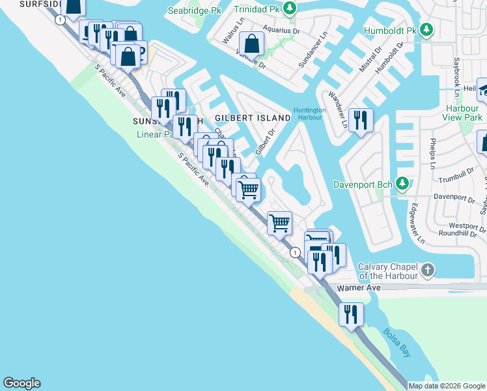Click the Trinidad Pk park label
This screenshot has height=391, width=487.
point(260,10)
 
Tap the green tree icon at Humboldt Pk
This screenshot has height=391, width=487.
point(426,30)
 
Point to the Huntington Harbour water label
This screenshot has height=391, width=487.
point(309,113)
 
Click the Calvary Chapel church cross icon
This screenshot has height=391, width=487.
point(427,270)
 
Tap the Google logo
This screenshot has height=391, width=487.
point(21,383)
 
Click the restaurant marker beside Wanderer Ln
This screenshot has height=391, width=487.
point(360,120)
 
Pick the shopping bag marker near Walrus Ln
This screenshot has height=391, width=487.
point(251,44)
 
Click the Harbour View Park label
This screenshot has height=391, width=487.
point(464,113)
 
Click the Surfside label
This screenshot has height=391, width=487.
point(26,4)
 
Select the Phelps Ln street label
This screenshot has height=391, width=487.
point(432,153)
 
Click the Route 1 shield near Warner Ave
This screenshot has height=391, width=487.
point(295,252)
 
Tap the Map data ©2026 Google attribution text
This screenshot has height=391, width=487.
point(447,386)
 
